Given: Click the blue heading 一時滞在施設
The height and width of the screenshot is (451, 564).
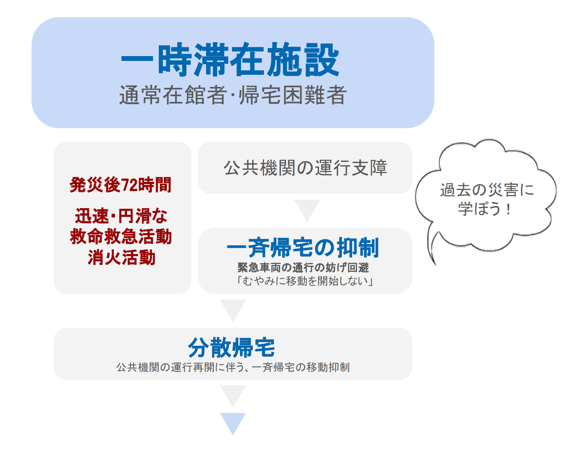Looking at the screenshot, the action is (x=230, y=59).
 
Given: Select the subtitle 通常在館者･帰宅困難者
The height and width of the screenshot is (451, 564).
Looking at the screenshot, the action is (x=233, y=95).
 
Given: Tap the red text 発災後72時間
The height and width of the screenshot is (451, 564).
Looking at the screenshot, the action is (x=120, y=185).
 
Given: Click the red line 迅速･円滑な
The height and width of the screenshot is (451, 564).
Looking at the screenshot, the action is (x=121, y=216).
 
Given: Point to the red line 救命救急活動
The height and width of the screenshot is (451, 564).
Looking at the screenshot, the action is (x=121, y=236).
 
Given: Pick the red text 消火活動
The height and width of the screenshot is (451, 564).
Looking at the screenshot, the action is (x=122, y=257).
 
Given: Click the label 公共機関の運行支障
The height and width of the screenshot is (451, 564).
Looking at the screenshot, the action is (x=305, y=168).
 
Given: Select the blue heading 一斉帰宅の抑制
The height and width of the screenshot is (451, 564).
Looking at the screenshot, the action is (x=303, y=247).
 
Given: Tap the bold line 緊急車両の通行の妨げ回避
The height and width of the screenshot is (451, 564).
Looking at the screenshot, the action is (x=303, y=268).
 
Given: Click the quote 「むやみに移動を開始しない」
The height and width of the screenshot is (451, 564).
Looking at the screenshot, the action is (x=305, y=281).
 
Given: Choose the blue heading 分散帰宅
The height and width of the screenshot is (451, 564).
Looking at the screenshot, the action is (x=231, y=347).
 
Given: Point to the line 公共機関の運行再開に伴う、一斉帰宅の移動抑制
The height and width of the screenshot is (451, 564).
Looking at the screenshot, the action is (x=233, y=367).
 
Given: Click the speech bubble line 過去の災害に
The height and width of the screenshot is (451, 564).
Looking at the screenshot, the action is (x=487, y=190).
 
